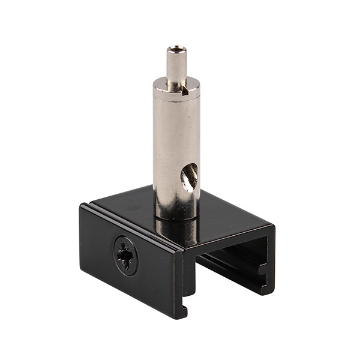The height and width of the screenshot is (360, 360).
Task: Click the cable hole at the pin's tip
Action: (x=175, y=49)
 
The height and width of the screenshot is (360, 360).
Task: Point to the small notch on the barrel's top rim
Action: (x=188, y=89)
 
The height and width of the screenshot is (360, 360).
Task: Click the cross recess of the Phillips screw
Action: (x=125, y=254)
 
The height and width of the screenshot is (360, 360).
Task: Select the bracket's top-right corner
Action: (x=274, y=227)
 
